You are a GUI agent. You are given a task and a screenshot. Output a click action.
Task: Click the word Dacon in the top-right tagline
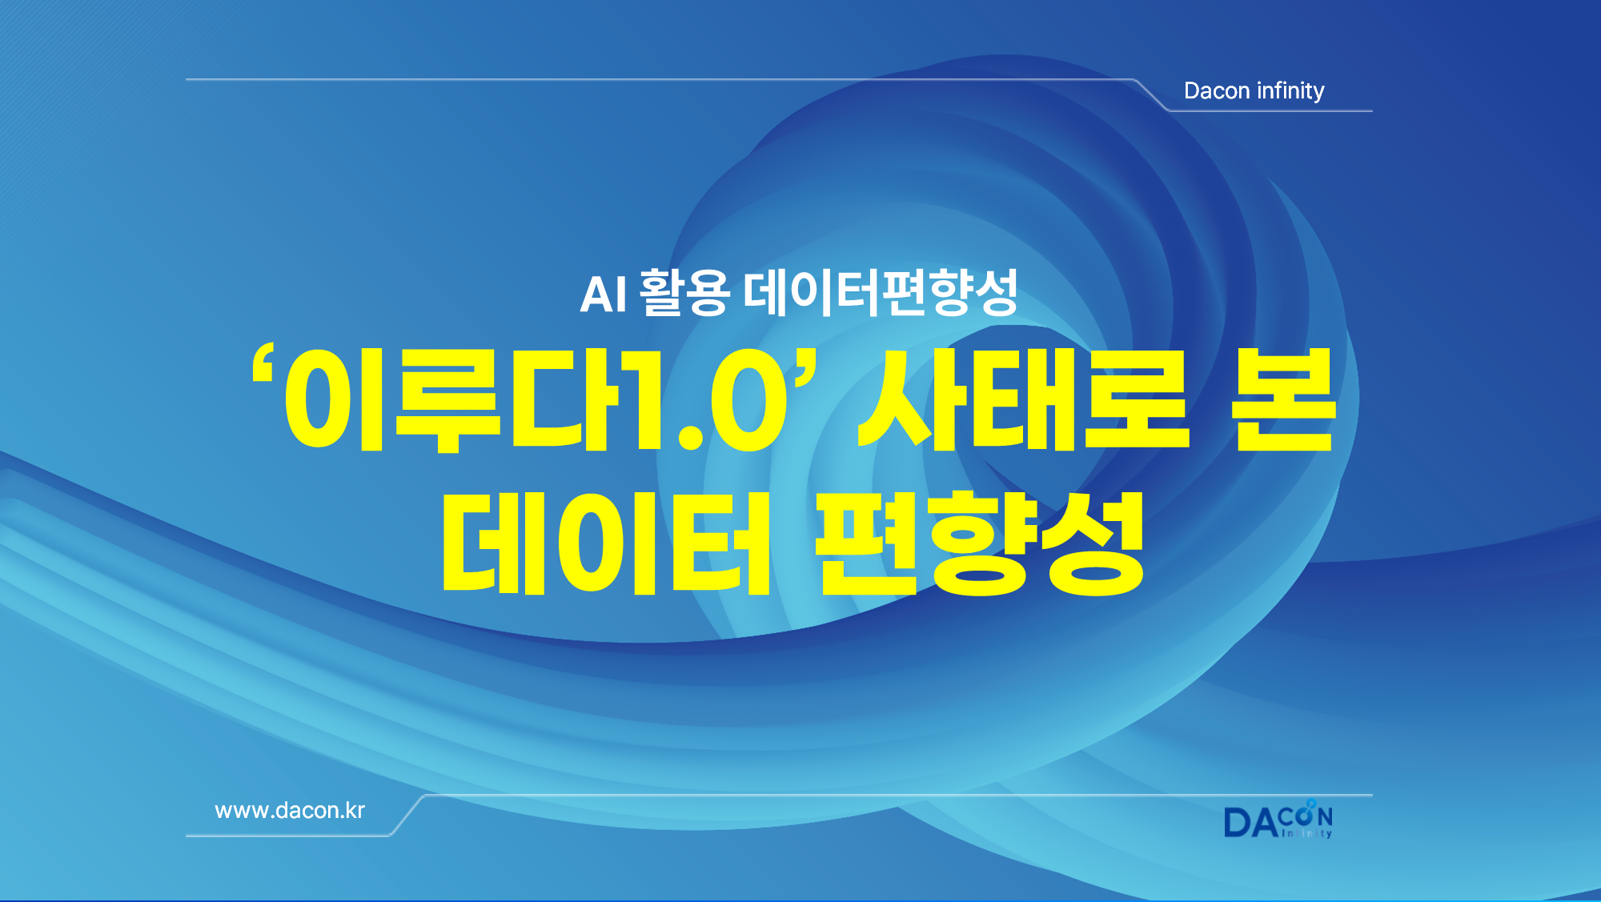point(1217,90)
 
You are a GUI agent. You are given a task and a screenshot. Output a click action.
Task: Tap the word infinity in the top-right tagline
point(1290,90)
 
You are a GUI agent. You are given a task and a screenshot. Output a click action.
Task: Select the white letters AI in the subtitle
point(604,294)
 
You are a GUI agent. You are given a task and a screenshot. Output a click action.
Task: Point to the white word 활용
point(684,292)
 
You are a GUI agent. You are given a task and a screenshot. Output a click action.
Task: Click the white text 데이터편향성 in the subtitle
point(881,292)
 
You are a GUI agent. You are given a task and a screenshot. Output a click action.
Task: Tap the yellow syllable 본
point(1284,399)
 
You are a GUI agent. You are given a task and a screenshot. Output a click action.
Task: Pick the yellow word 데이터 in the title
point(606,543)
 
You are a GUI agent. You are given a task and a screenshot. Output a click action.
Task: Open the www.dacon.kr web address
point(290,810)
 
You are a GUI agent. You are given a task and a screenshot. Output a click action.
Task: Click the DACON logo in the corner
point(1278,819)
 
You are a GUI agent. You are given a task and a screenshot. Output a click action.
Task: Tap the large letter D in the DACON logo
point(1237,823)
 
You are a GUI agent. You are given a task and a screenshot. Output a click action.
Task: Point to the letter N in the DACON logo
point(1325,816)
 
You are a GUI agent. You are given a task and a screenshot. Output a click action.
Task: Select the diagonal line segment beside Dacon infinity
point(1152,95)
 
